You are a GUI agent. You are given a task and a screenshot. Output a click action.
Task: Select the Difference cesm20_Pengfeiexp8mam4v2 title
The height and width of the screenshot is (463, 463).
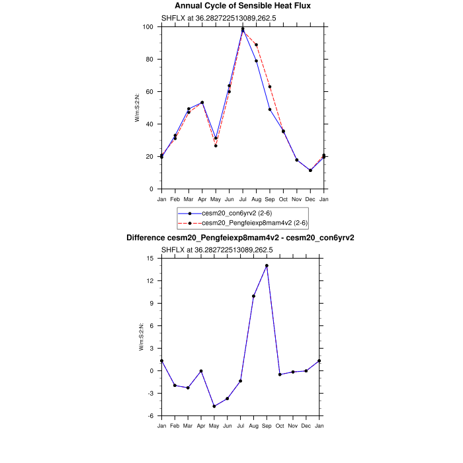[x=240, y=237]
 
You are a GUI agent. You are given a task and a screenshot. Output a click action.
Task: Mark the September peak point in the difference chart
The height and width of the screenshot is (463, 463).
[x=267, y=266]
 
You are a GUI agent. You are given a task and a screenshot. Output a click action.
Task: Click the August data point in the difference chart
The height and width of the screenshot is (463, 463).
[x=253, y=296]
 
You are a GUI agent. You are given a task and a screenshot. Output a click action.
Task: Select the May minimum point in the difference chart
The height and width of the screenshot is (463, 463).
[x=214, y=406]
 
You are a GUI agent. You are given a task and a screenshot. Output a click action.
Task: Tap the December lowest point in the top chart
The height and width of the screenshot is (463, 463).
[x=310, y=171]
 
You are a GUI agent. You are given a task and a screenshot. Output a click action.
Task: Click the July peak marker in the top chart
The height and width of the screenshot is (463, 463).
[x=243, y=29]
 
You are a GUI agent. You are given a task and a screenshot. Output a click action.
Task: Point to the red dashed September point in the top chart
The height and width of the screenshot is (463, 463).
[x=270, y=87]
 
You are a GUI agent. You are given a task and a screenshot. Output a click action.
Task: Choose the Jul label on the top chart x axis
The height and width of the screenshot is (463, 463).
[x=243, y=198]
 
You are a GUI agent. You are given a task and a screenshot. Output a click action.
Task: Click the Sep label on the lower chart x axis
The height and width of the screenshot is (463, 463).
[x=267, y=425]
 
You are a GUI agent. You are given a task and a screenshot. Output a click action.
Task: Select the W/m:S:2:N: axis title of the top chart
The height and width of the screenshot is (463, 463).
[x=138, y=108]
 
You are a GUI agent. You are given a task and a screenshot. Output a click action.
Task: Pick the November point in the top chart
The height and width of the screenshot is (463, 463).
[x=297, y=160]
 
